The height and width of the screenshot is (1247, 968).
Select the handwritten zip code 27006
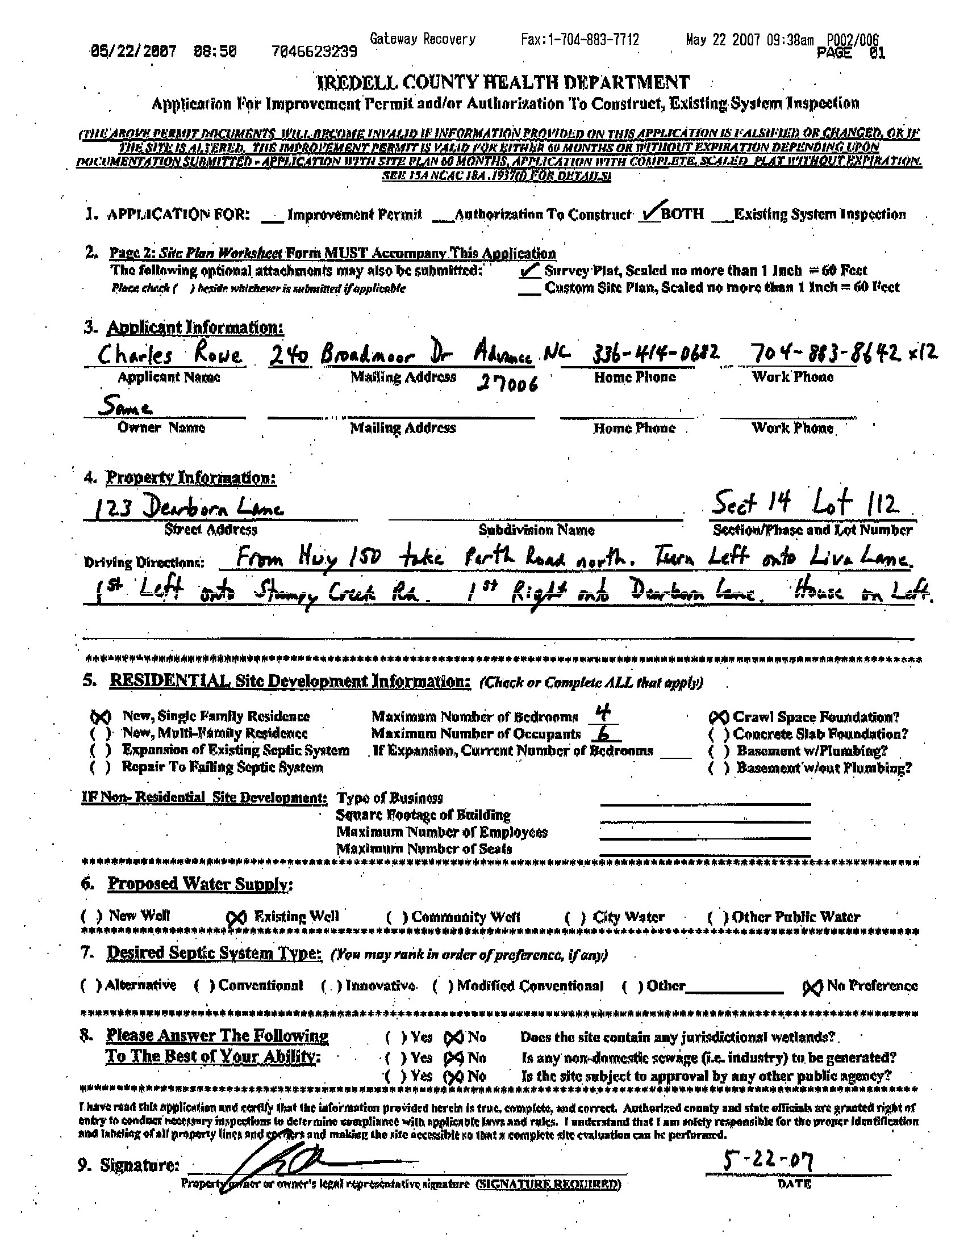point(507,385)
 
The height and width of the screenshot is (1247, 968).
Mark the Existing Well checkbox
point(236,918)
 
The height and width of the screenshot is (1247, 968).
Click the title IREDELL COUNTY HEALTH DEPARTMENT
point(503,83)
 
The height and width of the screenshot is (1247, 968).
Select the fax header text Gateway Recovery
point(422,39)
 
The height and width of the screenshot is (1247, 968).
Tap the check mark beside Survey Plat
point(528,271)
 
